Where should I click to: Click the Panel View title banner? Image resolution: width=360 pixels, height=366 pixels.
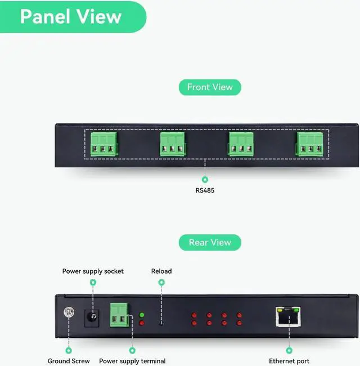coord(71,16)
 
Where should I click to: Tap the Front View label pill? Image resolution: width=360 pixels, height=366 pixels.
coord(210,87)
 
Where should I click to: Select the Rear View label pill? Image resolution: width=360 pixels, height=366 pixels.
coord(210,242)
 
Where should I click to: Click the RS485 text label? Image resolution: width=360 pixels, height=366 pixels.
coord(205,190)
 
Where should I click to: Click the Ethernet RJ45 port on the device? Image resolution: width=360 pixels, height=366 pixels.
coord(288,318)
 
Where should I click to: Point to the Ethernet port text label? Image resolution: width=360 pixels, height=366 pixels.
coord(289,361)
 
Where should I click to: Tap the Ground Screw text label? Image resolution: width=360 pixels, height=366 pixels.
coord(69,361)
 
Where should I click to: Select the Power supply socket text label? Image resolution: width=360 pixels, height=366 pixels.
coord(93,271)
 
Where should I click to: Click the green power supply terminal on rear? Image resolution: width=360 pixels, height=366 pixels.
coord(119,315)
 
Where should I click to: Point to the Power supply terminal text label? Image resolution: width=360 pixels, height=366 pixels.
coord(132,361)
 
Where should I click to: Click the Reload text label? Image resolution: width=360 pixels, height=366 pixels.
coord(161,271)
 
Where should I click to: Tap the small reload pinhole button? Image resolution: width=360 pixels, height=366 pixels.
coord(161,323)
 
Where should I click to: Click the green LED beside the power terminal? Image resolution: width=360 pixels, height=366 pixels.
coord(142,315)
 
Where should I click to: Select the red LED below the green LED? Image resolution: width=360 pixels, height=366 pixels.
coord(142,323)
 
